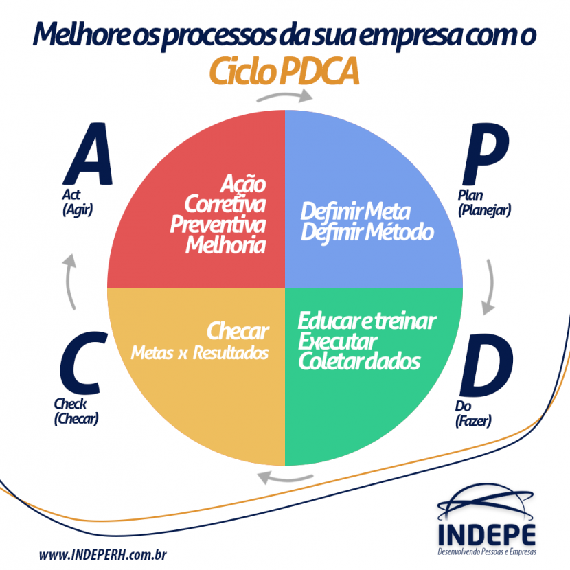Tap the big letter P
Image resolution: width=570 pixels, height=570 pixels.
coord(486,155)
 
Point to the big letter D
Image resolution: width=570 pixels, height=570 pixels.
coord(486,365)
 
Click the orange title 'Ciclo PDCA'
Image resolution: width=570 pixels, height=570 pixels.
coord(284,71)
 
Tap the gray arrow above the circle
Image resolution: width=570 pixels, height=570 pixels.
coord(284,96)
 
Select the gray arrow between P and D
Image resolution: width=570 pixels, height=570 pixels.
coord(489,287)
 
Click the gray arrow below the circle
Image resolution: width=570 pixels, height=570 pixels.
coord(285,477)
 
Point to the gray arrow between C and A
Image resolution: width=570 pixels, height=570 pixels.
coord(71,282)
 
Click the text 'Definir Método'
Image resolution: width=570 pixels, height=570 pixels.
coord(367,232)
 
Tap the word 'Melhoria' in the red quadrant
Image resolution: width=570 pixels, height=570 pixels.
coord(226,244)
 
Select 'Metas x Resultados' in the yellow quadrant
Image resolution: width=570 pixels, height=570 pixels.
coord(200,352)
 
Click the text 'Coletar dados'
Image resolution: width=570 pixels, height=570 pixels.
coord(359,361)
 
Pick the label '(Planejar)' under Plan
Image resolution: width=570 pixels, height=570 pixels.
coord(485,210)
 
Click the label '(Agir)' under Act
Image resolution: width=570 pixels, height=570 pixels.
coord(78,209)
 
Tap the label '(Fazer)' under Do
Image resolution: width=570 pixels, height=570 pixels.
coord(473,421)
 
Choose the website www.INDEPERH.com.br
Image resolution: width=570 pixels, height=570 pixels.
coord(103,555)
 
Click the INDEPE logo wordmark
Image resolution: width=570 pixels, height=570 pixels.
coord(487,535)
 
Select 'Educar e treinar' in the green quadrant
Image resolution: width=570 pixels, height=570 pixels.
coord(367,321)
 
